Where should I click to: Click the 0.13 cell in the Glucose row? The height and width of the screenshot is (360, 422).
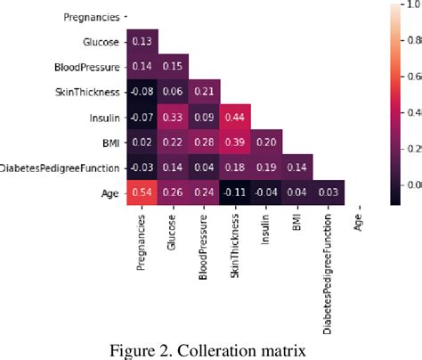pos(141,40)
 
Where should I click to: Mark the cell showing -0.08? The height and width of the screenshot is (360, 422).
pos(141,90)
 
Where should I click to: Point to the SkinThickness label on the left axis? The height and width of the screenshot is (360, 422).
pos(86,90)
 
